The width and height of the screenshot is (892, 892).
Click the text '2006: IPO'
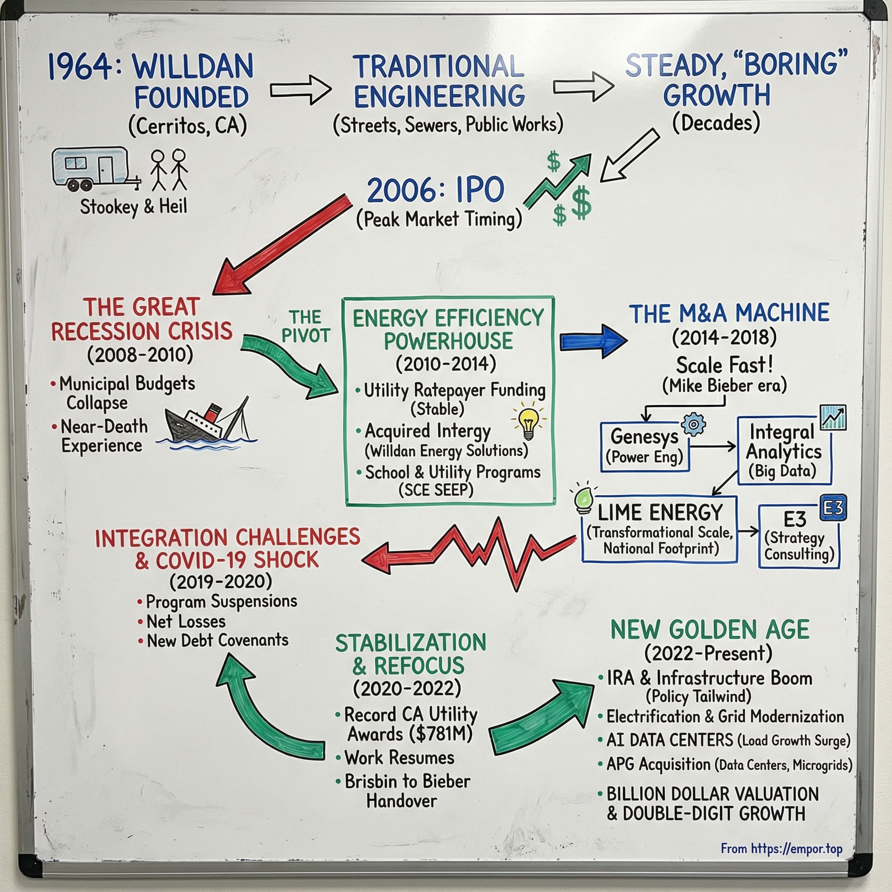click(x=436, y=190)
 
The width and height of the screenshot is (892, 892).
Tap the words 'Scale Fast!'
click(x=724, y=365)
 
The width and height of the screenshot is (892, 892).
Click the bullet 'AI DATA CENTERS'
click(x=669, y=740)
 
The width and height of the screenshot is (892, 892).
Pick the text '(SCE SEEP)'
click(x=436, y=490)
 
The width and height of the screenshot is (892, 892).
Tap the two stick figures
click(x=169, y=170)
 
